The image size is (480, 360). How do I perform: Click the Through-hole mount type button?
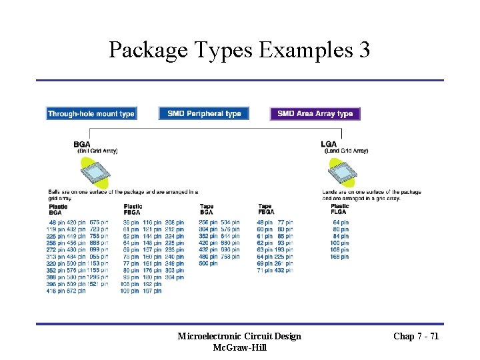click(91, 114)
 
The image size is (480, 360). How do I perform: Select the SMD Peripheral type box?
click(204, 114)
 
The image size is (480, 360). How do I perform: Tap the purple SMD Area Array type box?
click(315, 114)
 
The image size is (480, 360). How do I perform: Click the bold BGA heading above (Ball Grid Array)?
click(82, 144)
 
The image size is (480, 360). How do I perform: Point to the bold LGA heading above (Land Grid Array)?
click(329, 144)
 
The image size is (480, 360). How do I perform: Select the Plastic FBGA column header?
click(133, 209)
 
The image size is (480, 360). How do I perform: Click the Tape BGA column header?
click(207, 209)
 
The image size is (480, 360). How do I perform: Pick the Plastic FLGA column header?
click(339, 209)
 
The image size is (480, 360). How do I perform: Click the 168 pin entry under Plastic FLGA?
click(339, 257)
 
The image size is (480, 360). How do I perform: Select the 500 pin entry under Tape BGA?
click(208, 263)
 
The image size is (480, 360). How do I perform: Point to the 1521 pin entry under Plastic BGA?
click(99, 284)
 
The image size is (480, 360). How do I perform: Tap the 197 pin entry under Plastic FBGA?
click(152, 291)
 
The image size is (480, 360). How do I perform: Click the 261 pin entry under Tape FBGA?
click(284, 263)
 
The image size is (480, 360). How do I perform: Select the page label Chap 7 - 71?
click(416, 336)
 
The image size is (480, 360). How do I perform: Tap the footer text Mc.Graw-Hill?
click(239, 347)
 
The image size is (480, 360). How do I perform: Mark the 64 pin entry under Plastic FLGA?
click(341, 222)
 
